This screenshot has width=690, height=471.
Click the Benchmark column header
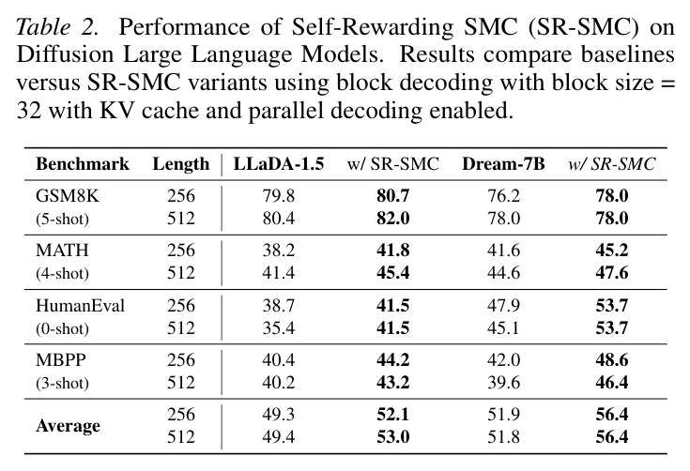coord(83,164)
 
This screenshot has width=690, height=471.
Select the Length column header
coord(181,164)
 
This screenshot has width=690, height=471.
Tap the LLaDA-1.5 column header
coord(279,164)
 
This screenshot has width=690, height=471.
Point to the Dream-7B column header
coord(503,164)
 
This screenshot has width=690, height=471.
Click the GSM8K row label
coord(68,196)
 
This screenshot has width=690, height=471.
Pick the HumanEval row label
coord(80,305)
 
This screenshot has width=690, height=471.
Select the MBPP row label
coord(61,359)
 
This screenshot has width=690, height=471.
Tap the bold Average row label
coord(68,426)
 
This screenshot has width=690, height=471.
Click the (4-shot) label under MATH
coord(62,274)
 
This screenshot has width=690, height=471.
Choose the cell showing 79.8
coord(279,196)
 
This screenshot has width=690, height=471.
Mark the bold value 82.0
coord(393,218)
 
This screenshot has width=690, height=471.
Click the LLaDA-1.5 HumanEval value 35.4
coord(279,328)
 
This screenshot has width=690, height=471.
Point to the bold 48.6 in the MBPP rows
coord(612,359)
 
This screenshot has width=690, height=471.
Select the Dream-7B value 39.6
coord(503,383)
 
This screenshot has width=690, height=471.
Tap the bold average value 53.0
coord(393,436)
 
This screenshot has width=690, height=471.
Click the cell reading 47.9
coord(503,305)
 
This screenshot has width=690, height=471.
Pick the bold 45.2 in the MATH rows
coord(612,251)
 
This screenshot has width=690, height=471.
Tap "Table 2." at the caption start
coord(56,27)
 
